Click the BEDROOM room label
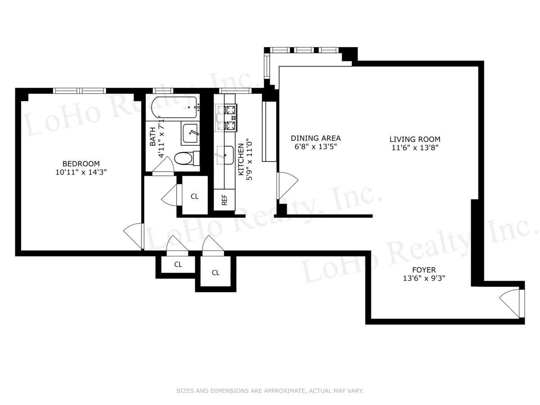(81, 164)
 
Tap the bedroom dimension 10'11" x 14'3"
(81, 172)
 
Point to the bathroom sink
(191, 133)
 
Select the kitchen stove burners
(226, 118)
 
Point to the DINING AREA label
(315, 138)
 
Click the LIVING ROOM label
(414, 139)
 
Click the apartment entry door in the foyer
(511, 302)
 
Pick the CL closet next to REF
(194, 196)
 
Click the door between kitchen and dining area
(287, 185)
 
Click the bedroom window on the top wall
(80, 91)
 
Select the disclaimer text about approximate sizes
(270, 391)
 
